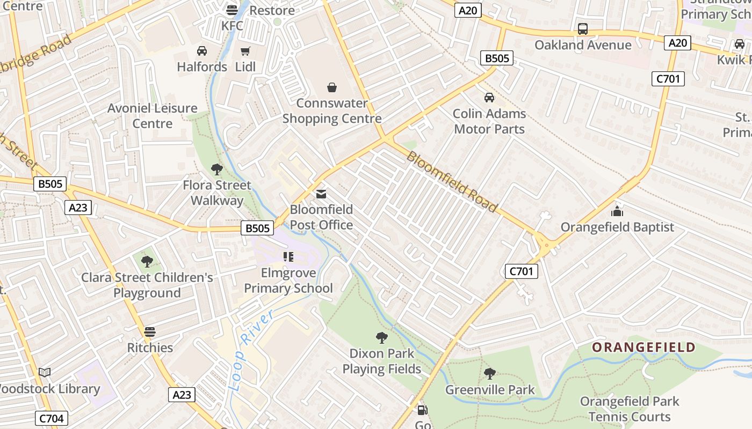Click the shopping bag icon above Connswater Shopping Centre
tap(332, 87)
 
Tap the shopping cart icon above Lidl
tap(245, 51)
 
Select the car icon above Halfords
tap(202, 51)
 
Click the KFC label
tap(232, 26)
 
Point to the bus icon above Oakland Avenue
tap(583, 29)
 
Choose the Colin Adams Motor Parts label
tap(489, 121)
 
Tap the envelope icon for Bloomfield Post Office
tap(321, 194)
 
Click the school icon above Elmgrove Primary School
tap(288, 257)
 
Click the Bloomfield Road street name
tap(451, 181)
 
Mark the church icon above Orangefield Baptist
tap(617, 211)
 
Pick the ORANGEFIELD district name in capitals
tap(643, 347)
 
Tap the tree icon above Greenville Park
tap(489, 373)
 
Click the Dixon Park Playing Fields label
tap(382, 361)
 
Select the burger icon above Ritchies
tap(150, 331)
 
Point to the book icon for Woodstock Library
tap(45, 372)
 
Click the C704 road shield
tap(52, 418)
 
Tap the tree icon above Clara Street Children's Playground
tap(147, 262)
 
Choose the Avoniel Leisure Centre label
tap(153, 116)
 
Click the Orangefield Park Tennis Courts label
tap(629, 409)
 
